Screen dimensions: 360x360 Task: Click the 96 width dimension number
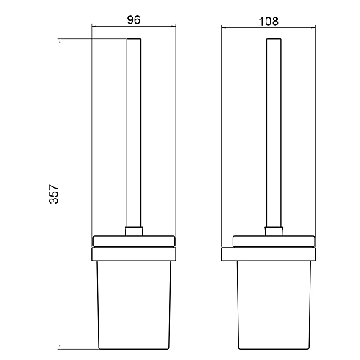click(x=134, y=19)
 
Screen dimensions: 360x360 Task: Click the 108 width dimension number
click(x=269, y=22)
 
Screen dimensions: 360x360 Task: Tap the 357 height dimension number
click(x=53, y=194)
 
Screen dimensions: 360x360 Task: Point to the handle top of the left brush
click(x=134, y=38)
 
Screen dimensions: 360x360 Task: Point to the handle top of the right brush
click(x=274, y=38)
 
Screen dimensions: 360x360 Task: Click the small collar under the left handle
click(x=134, y=231)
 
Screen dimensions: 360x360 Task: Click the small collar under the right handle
click(x=274, y=231)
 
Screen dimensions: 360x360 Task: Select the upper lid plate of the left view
click(x=134, y=241)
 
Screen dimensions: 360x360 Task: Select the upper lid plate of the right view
click(x=274, y=241)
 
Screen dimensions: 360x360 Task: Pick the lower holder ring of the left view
click(x=134, y=254)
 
